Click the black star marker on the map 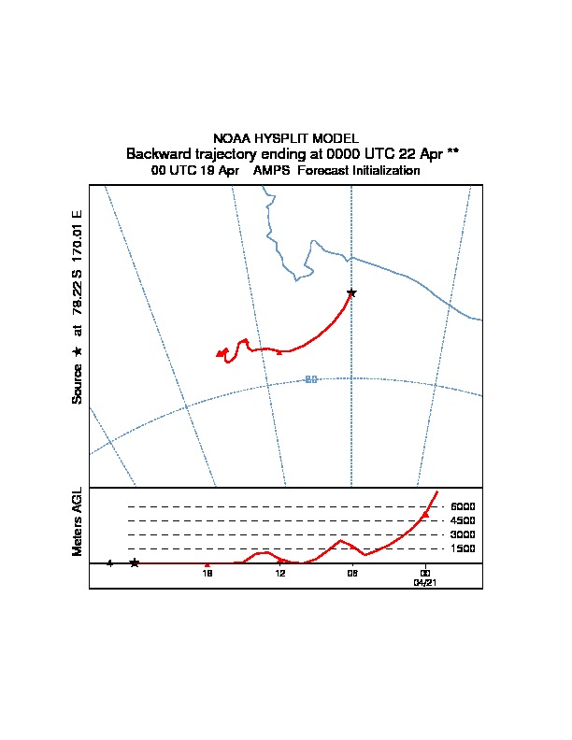click(351, 292)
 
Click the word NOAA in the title click(233, 138)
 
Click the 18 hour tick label click(208, 573)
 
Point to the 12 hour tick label click(280, 573)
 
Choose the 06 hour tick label click(352, 573)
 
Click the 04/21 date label click(425, 582)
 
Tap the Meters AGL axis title click(78, 522)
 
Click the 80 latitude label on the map click(311, 378)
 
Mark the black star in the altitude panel click(135, 562)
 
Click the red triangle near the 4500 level click(425, 515)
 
